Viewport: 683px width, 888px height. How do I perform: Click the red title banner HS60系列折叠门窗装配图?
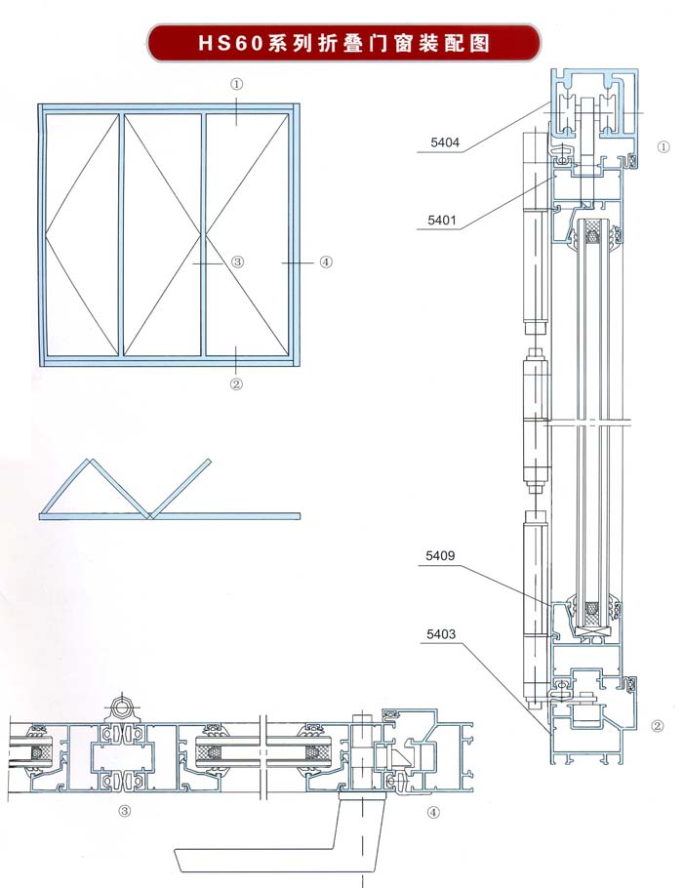click(342, 43)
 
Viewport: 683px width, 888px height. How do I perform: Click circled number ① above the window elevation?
click(237, 84)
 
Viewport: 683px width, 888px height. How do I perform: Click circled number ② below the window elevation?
click(236, 383)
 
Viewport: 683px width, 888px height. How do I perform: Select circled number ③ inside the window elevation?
click(237, 262)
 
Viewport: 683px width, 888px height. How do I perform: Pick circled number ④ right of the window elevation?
click(326, 262)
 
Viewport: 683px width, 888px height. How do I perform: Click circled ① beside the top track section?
click(663, 147)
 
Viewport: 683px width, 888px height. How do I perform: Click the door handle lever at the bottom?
click(273, 859)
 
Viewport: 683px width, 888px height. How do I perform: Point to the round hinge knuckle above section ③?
click(122, 706)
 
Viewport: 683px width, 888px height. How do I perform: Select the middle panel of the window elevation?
click(162, 234)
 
